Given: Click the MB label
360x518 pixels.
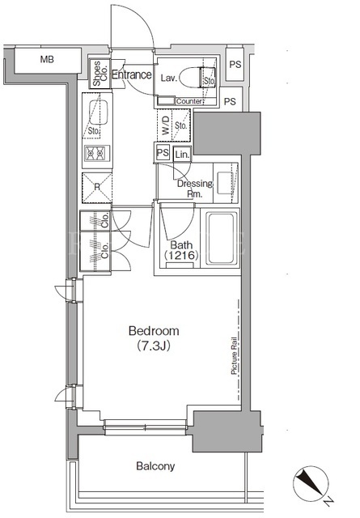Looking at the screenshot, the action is [x=47, y=59].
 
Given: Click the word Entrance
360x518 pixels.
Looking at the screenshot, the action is [x=132, y=74].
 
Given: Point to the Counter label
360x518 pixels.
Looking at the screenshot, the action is [x=188, y=101].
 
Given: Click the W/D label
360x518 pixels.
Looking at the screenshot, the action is [x=165, y=125].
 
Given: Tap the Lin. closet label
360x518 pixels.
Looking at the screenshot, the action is [x=182, y=155].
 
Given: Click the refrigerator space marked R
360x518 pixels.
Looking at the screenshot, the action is [x=97, y=188].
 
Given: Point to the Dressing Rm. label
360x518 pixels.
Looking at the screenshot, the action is [x=195, y=189].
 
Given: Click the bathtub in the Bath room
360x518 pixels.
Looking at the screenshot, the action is [x=222, y=239].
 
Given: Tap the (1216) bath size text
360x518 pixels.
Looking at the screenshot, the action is [x=181, y=256].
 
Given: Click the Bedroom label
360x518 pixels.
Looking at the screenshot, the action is [x=154, y=331].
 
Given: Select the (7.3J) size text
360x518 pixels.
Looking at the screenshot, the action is [x=153, y=346].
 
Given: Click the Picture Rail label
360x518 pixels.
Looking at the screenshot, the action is [x=235, y=355].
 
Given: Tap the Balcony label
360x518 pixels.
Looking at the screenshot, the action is [x=155, y=466].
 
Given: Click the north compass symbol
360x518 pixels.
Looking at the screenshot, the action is [x=311, y=483].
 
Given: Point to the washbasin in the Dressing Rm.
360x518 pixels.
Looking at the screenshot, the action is [x=226, y=183].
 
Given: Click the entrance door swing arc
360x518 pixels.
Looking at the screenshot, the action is [x=146, y=23].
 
